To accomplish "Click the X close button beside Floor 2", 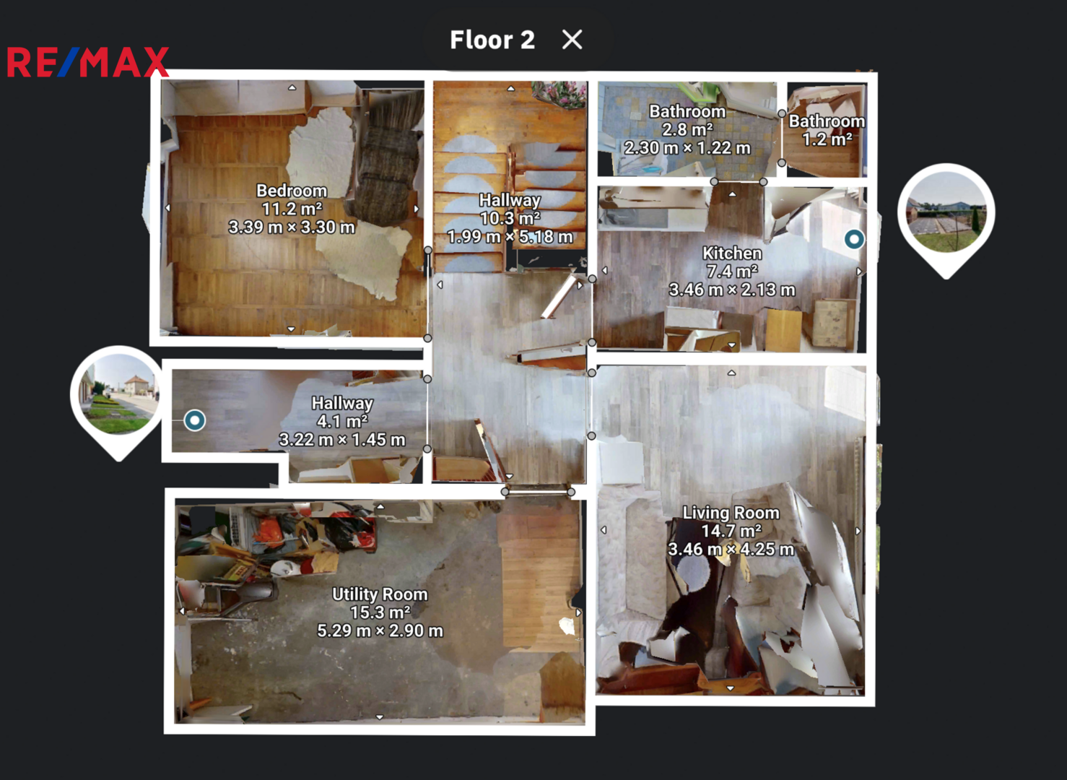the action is (572, 40).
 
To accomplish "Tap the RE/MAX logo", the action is (88, 62).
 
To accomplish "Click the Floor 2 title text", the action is (492, 40).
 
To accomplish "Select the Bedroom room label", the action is (292, 191).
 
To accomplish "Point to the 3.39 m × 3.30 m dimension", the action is (292, 227).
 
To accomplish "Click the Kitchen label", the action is (732, 253).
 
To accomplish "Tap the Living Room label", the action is (731, 513).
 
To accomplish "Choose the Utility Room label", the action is (380, 594).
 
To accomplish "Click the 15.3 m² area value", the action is (380, 612).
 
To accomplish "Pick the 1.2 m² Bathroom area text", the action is (827, 139).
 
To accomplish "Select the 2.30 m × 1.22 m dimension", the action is (687, 148).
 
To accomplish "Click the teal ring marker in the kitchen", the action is (854, 239).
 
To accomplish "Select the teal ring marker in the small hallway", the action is (194, 420).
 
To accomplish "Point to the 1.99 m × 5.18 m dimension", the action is (510, 236).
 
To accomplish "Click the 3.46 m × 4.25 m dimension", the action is (731, 550).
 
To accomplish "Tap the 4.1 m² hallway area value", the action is (342, 421).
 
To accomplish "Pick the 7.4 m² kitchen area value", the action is (732, 271).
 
